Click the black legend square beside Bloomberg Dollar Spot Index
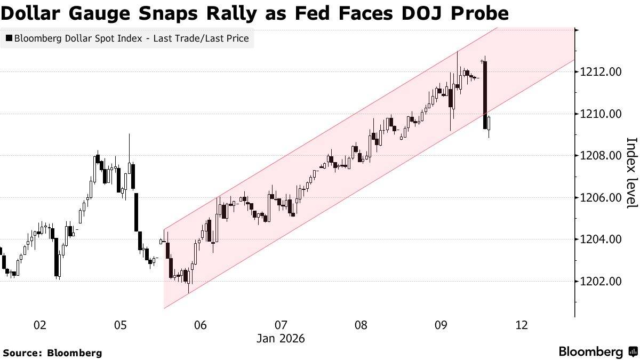pos(9,38)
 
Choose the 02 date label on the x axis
pos(39,325)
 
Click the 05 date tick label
pos(120,325)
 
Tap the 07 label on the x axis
pos(281,325)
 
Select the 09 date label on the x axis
pos(441,325)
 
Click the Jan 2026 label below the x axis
pos(281,339)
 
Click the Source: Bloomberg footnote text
pos(52,353)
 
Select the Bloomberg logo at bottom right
pos(597,351)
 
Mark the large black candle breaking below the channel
pos(485,95)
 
